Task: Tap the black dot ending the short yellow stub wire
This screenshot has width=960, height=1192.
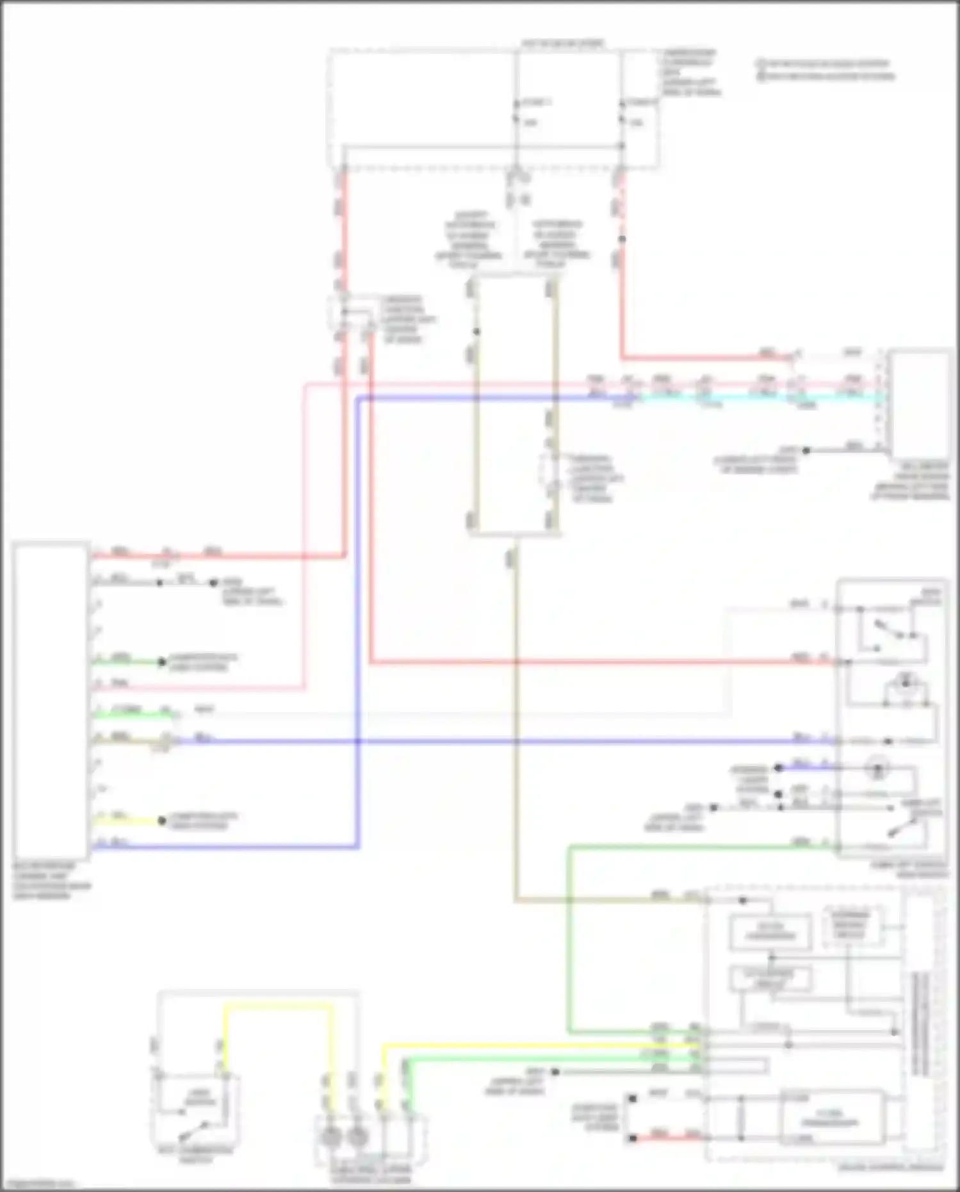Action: pyautogui.click(x=163, y=821)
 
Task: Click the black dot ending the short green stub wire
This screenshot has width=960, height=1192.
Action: pyautogui.click(x=163, y=662)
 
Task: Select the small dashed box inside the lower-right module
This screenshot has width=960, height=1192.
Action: pyautogui.click(x=850, y=926)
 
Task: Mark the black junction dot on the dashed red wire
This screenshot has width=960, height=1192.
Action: pyautogui.click(x=622, y=239)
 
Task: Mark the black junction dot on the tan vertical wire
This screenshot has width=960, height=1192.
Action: pyautogui.click(x=476, y=332)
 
